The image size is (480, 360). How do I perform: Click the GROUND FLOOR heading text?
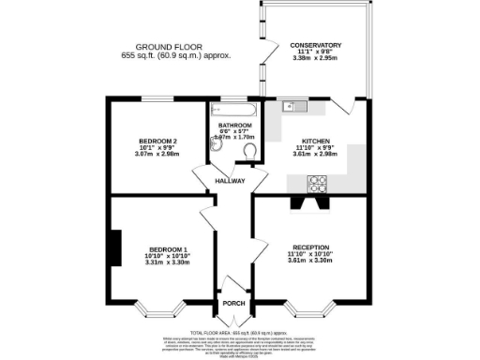[169, 46]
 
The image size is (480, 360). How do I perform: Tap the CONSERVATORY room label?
[315, 45]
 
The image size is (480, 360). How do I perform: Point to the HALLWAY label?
[230, 180]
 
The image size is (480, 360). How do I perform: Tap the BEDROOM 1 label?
[156, 248]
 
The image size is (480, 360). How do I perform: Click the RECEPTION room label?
[309, 247]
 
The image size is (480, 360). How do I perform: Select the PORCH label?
[232, 303]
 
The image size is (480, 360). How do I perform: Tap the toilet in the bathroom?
[248, 152]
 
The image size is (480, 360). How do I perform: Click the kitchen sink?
[291, 106]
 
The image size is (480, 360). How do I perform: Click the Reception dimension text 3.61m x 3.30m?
[309, 262]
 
